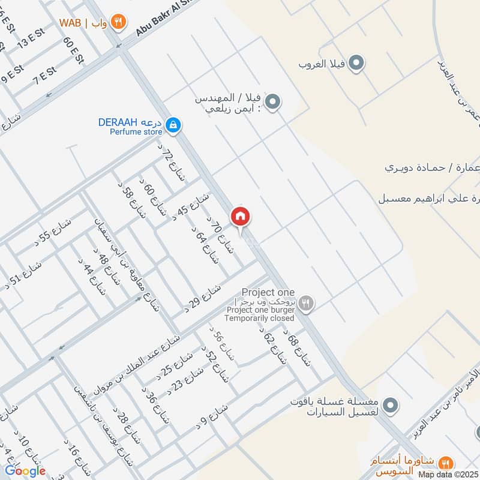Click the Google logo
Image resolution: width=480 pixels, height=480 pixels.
tap(26, 470)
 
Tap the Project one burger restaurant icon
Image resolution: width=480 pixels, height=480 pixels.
tap(307, 304)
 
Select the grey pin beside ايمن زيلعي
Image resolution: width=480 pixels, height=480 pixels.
tap(273, 102)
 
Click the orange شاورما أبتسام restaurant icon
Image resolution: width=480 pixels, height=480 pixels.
tap(445, 463)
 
